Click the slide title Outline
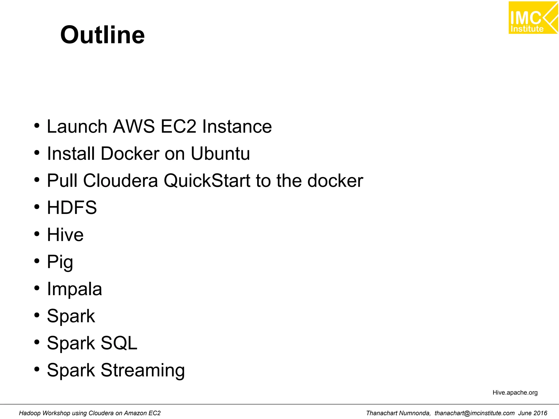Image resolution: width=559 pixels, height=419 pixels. pos(102,35)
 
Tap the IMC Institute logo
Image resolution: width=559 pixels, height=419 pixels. pos(533,18)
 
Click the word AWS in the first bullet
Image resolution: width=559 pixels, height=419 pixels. pos(134,127)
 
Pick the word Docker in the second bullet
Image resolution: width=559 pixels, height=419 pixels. pos(130,154)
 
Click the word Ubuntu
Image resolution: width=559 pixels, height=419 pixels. pos(220,154)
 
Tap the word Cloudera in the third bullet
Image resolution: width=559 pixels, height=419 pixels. pos(120,181)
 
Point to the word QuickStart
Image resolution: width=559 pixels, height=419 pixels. pos(207,181)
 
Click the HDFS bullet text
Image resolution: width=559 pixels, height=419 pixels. pos(72,208)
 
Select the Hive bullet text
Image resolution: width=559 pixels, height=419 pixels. pos(65,235)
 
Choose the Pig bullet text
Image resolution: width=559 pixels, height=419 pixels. pos(60,262)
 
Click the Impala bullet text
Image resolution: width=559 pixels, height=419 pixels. pos(74,289)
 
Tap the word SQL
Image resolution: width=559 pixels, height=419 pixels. pos(119,343)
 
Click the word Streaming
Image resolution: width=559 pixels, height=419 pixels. pos(143,370)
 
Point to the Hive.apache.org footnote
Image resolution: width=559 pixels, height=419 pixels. pos(515,393)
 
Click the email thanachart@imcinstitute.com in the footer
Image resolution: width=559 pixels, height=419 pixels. pos(474,413)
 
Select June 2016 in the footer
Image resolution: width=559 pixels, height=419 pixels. pos(533,413)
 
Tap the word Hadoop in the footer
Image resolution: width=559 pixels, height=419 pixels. pos(30,413)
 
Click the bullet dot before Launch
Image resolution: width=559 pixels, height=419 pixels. pos(37,126)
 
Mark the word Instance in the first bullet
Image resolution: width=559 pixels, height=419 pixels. pos(237,127)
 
